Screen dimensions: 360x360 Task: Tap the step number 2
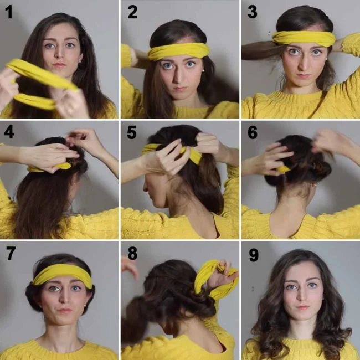[132, 12]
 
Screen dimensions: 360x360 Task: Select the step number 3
[253, 12]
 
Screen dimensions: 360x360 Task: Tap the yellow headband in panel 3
[304, 38]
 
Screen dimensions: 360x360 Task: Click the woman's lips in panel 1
[59, 65]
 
